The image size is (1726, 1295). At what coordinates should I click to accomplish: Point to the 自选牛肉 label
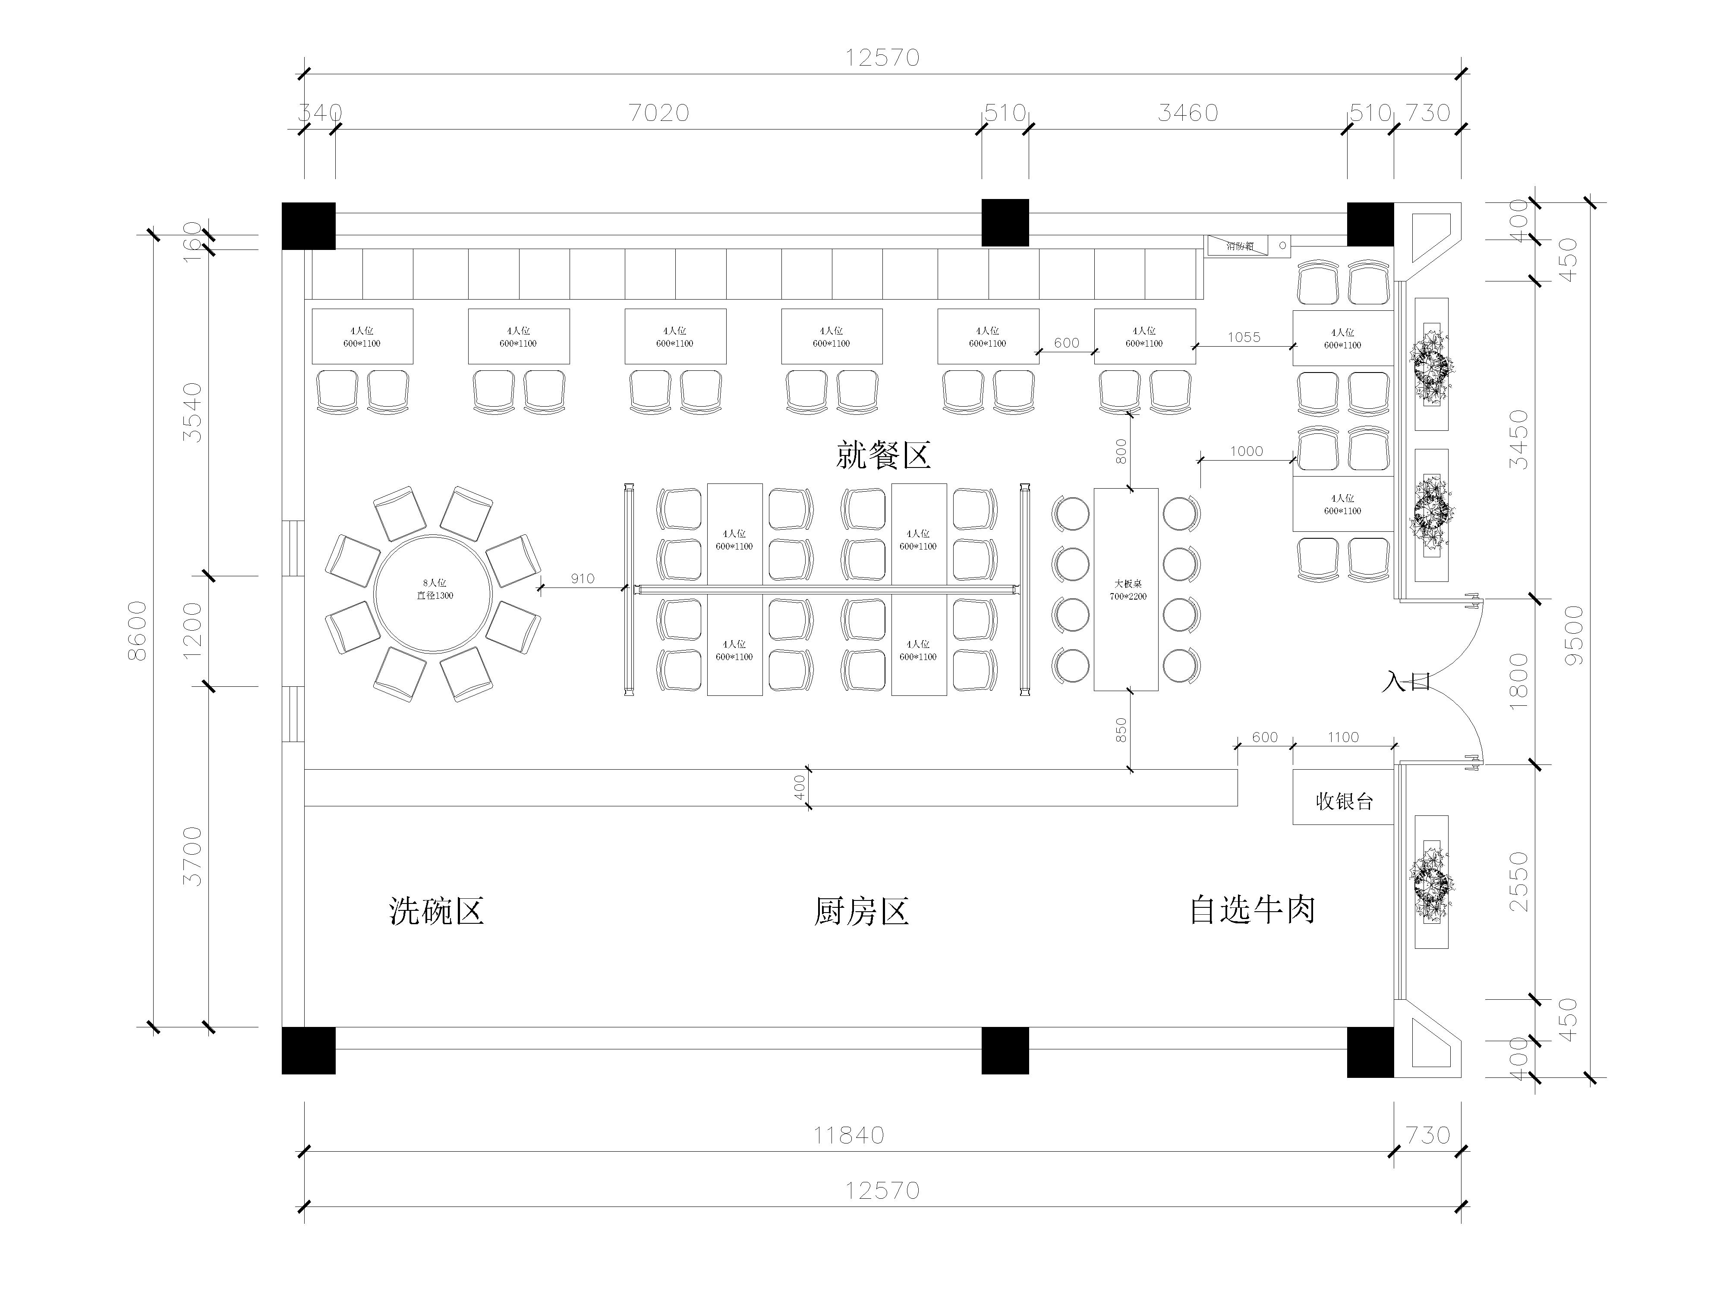point(1252,910)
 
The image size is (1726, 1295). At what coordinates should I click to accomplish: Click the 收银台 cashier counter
point(1343,801)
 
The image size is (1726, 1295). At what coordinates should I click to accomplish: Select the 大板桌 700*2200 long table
point(1126,589)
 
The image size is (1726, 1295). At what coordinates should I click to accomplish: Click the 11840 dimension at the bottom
point(848,1135)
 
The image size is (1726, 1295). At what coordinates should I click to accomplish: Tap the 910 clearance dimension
point(582,578)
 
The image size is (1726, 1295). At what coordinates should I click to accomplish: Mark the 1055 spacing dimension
point(1243,337)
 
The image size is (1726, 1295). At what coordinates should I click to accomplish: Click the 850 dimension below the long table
point(1121,730)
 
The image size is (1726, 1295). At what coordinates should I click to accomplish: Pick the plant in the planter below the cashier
point(1431,882)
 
